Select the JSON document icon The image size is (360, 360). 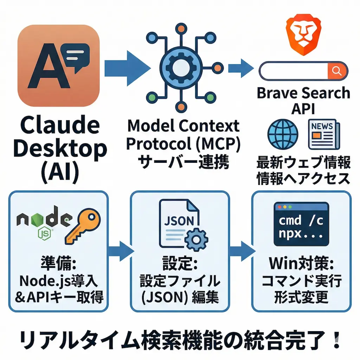tap(179, 223)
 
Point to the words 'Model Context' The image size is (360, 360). tap(183, 126)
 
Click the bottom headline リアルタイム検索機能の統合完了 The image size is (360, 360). tap(179, 340)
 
